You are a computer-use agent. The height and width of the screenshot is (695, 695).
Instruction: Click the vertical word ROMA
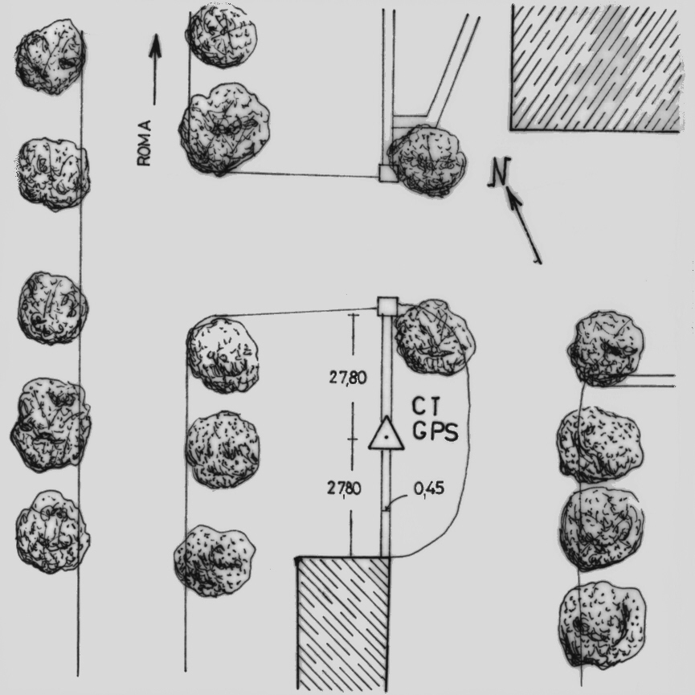coord(144,143)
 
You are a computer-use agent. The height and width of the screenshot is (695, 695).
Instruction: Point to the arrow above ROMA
coord(155,70)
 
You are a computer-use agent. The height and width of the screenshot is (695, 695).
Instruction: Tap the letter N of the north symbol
coord(500,172)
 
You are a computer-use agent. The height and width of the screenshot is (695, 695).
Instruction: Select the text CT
coord(427,407)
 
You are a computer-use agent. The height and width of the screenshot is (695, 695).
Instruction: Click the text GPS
coord(435,431)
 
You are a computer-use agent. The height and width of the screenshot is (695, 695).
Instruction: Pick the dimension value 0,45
coord(428,489)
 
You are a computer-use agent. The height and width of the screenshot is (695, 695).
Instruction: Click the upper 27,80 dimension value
coord(347,378)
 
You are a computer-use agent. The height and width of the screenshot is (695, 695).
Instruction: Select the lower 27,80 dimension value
coord(344,489)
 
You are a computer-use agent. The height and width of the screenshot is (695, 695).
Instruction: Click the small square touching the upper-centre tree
coord(388,173)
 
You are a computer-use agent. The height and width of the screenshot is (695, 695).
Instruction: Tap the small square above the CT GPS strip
coord(387,306)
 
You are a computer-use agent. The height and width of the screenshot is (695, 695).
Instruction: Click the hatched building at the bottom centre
coord(343,624)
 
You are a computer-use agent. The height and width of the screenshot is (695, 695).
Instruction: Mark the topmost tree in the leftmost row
coord(50,57)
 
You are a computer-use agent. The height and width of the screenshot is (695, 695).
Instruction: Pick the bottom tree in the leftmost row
coord(52,531)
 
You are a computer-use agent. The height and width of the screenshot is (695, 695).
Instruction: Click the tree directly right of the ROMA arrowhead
coord(221,35)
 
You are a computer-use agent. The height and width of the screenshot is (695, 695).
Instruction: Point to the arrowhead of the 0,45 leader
coord(387,509)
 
